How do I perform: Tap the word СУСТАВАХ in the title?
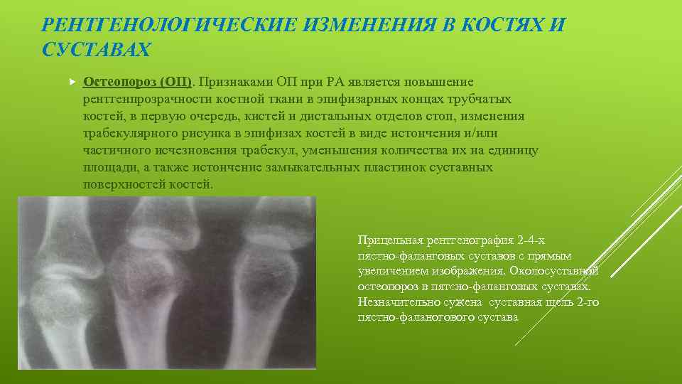point(97,50)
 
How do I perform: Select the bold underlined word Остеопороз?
point(119,82)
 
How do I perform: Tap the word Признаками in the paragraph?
point(239,82)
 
